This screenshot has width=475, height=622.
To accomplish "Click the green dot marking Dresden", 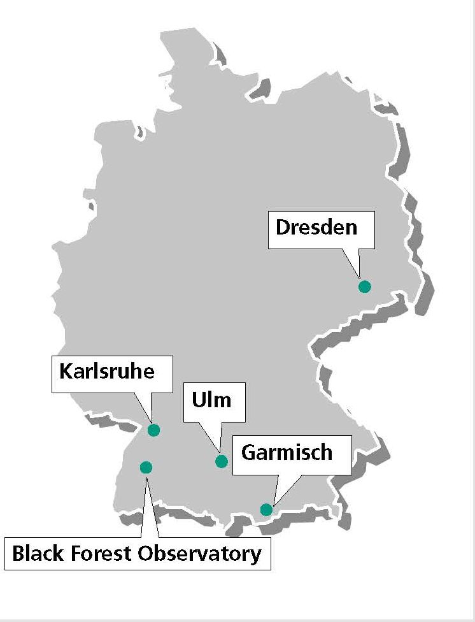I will tap(364, 286).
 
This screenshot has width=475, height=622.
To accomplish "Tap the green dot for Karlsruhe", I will tap(153, 430).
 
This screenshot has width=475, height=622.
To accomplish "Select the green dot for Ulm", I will tap(222, 461).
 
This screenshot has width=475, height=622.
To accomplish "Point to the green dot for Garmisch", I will tap(266, 509).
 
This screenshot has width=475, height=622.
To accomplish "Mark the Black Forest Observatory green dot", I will tap(146, 467).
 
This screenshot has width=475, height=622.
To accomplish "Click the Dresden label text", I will tap(316, 226).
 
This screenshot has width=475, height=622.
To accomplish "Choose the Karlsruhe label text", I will tap(107, 371).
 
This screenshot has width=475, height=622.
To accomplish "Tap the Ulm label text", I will tap(211, 401).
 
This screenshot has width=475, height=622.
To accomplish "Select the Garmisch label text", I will tap(287, 452).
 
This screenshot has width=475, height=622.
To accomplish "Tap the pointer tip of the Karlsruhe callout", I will tap(152, 421).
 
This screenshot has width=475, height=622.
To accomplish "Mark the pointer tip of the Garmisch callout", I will tap(270, 503).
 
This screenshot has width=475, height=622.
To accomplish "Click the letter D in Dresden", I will tap(283, 226).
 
